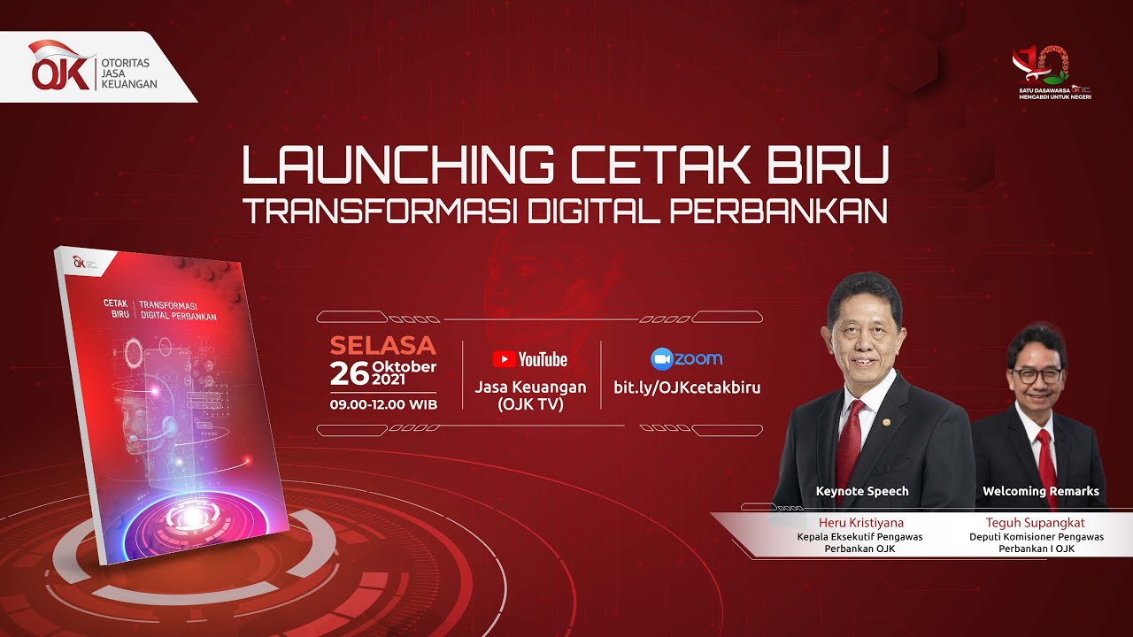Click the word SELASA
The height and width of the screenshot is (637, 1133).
coord(382,345)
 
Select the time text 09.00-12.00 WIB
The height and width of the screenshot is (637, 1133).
coord(382,404)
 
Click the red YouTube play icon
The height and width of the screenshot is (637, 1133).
coord(504,359)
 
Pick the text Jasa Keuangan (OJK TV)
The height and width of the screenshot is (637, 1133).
coord(530,395)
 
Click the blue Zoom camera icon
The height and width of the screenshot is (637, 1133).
coord(662,359)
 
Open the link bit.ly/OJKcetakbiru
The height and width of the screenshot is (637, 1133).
coord(687,388)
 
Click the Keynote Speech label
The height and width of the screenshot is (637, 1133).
coord(861,491)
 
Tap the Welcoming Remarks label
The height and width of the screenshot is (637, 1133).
coord(1040,491)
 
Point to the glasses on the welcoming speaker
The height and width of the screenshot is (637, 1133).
coord(1037,375)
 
